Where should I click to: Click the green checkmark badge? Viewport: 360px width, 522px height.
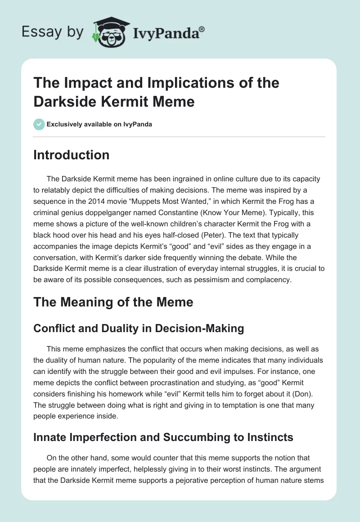coord(39,124)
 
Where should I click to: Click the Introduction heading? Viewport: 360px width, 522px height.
coord(72,155)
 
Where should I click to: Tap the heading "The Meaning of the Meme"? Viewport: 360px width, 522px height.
coord(113,302)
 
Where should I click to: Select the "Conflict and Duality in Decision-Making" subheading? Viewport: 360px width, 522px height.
coord(139,328)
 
